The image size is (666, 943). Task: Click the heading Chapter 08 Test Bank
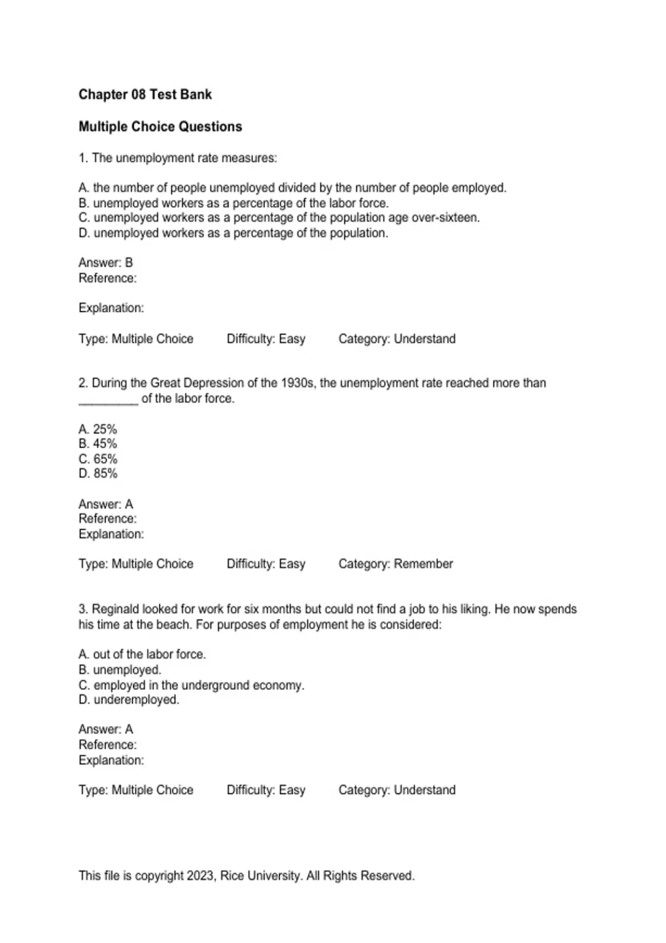145,94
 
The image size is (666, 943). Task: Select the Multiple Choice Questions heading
160,126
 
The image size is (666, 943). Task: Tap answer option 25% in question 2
98,429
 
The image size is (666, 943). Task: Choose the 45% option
98,444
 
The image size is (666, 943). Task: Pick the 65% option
98,459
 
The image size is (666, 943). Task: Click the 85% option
98,474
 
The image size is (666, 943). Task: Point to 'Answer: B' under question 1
105,262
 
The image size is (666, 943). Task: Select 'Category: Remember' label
396,564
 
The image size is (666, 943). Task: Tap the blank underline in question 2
108,400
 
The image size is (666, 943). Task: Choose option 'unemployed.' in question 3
127,670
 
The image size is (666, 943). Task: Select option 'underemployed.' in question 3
136,699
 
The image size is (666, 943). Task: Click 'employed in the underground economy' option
198,685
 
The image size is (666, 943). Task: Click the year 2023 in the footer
200,876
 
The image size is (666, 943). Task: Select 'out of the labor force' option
149,655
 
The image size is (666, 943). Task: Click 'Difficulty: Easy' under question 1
266,339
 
